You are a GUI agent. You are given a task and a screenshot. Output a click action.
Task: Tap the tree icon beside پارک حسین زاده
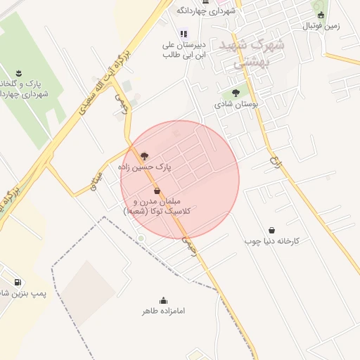[x=145, y=156]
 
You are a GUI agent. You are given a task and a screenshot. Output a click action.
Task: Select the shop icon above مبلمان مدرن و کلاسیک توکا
[x=156, y=191]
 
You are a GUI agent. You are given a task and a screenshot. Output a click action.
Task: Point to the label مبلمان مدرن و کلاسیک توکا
[x=161, y=206]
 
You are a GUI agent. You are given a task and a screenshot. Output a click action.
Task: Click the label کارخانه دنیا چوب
[x=272, y=241]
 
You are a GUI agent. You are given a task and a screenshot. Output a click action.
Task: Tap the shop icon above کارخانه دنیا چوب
[x=272, y=230]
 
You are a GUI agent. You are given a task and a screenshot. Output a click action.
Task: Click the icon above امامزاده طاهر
[x=163, y=300]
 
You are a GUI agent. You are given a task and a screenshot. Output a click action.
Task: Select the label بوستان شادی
[x=237, y=103]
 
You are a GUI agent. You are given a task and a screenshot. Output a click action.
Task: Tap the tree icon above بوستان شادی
[x=236, y=92]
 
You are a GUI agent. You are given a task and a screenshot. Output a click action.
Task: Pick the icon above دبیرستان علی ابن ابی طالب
[x=184, y=32]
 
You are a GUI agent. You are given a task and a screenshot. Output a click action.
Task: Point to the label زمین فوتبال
[x=321, y=26]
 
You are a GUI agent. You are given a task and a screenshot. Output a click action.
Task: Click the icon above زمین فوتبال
[x=321, y=15]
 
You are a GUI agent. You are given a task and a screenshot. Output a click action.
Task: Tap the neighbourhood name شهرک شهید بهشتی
[x=252, y=53]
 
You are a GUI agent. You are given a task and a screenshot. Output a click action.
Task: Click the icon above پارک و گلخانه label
[x=19, y=72]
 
